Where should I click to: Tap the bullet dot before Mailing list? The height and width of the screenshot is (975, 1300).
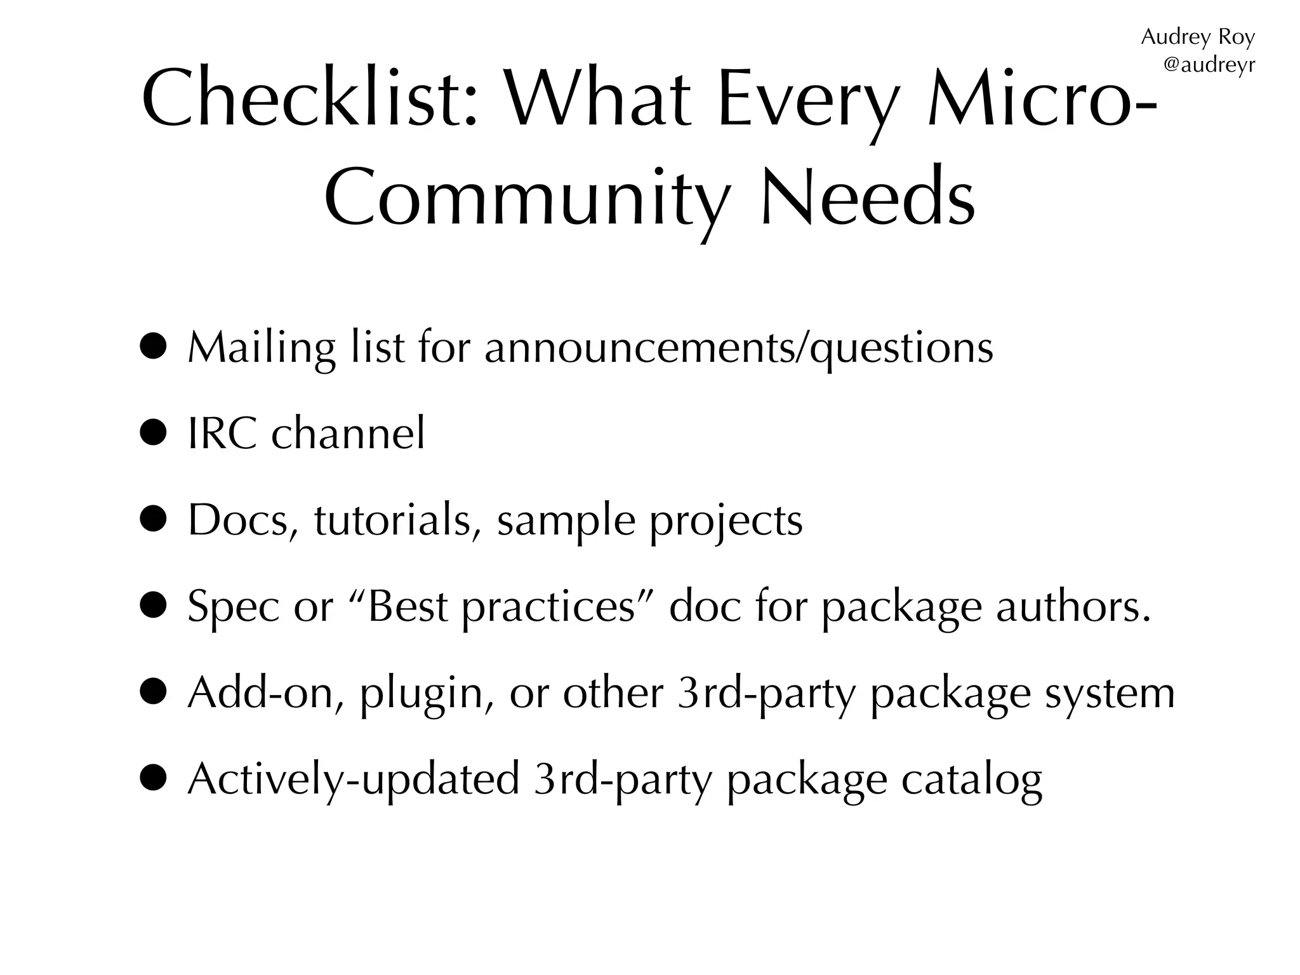pyautogui.click(x=154, y=347)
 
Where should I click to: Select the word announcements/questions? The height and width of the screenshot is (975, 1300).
pyautogui.click(x=739, y=349)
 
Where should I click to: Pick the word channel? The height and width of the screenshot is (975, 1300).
pyautogui.click(x=348, y=434)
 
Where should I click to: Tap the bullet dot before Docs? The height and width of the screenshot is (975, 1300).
pyautogui.click(x=154, y=520)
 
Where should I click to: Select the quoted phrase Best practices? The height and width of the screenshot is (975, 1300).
pyautogui.click(x=501, y=607)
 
